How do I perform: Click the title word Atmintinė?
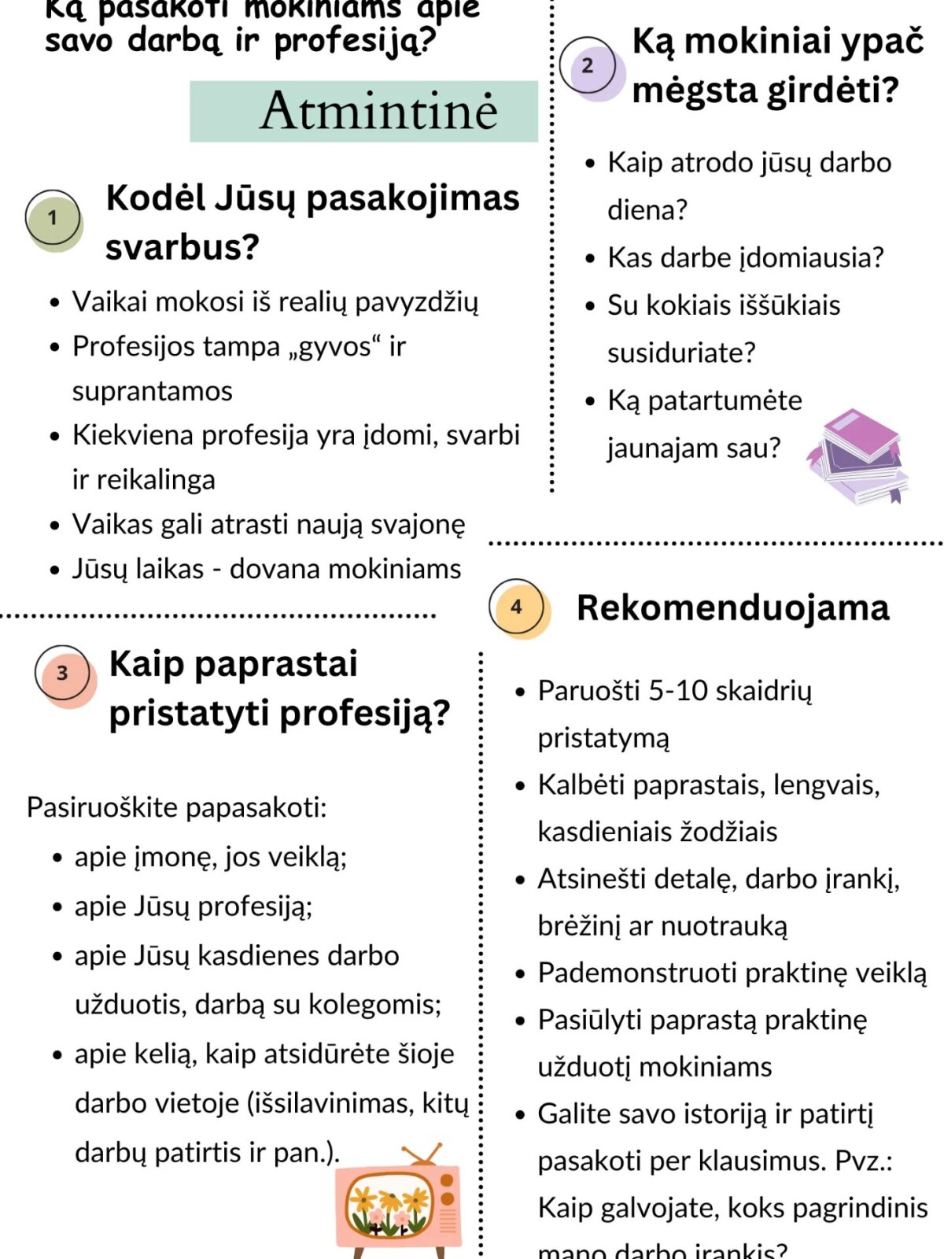[x=378, y=111]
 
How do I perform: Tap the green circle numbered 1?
[x=53, y=218]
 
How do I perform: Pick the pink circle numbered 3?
[x=63, y=674]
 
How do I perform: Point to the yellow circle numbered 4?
[x=517, y=607]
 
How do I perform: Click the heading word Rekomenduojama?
[x=732, y=608]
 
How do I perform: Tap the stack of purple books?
[x=859, y=457]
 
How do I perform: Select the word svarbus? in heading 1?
[x=183, y=247]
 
